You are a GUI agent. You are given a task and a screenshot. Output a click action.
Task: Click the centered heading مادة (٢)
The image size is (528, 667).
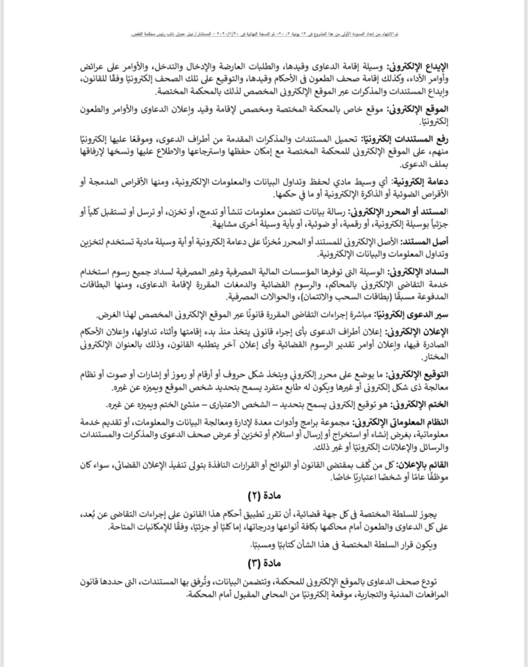[x=263, y=496]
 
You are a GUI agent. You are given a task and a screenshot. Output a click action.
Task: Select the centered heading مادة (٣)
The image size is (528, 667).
[x=263, y=564]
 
